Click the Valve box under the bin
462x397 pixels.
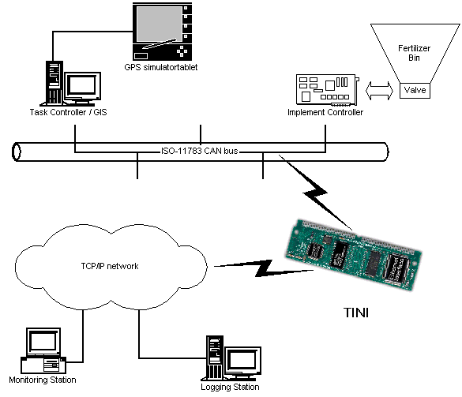415,91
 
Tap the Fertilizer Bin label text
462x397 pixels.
415,53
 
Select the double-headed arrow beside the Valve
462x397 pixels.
379,91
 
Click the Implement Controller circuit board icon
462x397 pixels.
328,90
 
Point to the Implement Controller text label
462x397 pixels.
325,112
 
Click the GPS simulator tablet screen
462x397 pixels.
160,24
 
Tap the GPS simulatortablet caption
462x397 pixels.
161,67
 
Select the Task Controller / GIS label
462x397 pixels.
68,112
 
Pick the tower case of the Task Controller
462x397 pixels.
54,82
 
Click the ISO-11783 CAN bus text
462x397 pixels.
200,151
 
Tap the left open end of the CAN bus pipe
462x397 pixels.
17,152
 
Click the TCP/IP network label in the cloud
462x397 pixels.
110,266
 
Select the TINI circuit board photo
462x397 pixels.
354,255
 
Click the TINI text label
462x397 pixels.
356,313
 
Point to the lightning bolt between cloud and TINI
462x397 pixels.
263,268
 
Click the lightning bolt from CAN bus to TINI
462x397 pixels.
315,192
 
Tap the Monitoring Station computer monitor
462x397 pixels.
43,342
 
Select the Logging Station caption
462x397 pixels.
230,387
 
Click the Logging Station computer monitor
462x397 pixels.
243,361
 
